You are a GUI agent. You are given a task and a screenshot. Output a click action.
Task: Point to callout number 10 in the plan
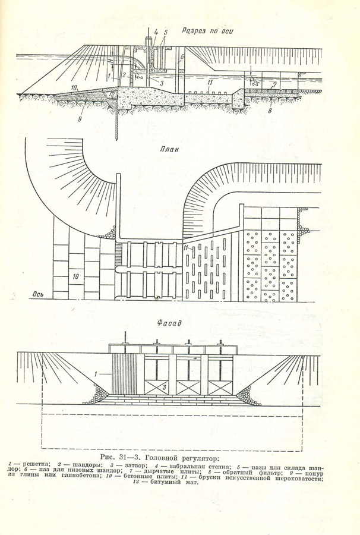(x=75, y=275)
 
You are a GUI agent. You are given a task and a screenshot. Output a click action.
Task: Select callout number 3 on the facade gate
(x=163, y=388)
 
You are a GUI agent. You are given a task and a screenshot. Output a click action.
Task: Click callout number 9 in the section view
(x=80, y=118)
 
